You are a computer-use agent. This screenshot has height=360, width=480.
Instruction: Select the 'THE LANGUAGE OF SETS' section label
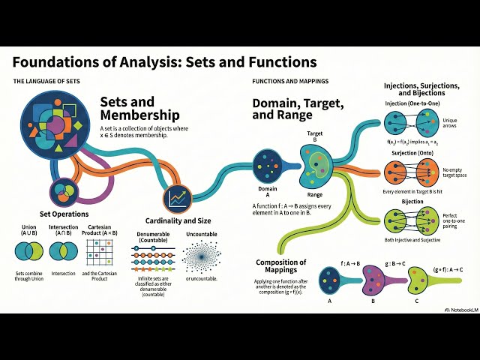click(46, 80)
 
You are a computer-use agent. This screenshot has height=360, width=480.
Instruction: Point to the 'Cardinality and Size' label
click(178, 221)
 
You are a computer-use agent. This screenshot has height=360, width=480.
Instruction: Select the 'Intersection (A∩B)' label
click(67, 229)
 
